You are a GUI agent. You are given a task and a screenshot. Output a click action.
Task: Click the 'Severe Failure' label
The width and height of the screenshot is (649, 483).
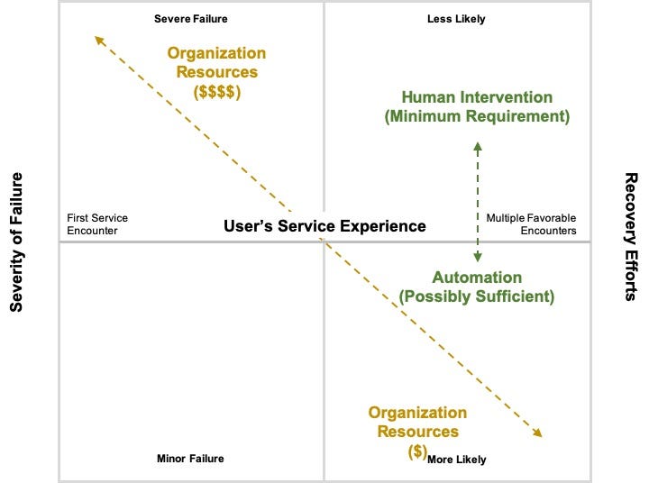click(190, 19)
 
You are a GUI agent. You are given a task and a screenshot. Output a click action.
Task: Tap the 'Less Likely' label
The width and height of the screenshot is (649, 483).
click(456, 19)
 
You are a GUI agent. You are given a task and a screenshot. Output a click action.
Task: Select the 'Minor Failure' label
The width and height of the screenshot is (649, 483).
click(190, 459)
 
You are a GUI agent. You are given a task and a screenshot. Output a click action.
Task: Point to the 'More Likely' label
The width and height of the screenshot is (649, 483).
click(456, 460)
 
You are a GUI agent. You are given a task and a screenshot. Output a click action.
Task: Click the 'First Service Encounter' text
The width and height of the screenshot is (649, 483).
click(97, 223)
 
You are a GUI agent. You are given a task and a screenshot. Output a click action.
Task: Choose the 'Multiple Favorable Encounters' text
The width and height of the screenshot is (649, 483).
click(531, 223)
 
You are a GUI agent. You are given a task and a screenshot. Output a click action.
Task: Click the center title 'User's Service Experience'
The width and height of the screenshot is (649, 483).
click(324, 225)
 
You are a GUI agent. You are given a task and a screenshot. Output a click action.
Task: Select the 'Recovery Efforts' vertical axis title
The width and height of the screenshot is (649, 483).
click(631, 236)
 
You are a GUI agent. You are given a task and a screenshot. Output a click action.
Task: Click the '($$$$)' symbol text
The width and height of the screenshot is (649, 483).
click(216, 91)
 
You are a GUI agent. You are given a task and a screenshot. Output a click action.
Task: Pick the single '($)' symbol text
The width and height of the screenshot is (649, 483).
click(416, 451)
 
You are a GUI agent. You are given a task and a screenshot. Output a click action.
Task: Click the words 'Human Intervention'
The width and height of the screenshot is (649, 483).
click(477, 97)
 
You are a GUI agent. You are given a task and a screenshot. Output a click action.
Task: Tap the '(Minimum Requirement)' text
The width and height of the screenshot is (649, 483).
click(477, 116)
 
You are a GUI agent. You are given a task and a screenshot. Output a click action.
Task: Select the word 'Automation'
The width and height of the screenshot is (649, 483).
click(477, 277)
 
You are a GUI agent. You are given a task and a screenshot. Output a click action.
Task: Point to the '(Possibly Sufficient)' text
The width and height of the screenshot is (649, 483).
click(477, 296)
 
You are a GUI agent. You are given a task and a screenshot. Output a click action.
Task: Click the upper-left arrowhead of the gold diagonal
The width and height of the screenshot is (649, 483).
click(97, 39)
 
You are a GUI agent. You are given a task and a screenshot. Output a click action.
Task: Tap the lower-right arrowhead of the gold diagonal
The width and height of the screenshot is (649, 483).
click(538, 433)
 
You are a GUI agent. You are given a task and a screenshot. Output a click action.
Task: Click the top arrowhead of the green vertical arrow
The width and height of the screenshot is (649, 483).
click(478, 144)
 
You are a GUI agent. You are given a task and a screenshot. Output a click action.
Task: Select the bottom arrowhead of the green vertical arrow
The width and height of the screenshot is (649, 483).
click(478, 259)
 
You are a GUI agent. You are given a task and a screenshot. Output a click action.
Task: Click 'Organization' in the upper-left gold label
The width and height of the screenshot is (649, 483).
click(216, 54)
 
